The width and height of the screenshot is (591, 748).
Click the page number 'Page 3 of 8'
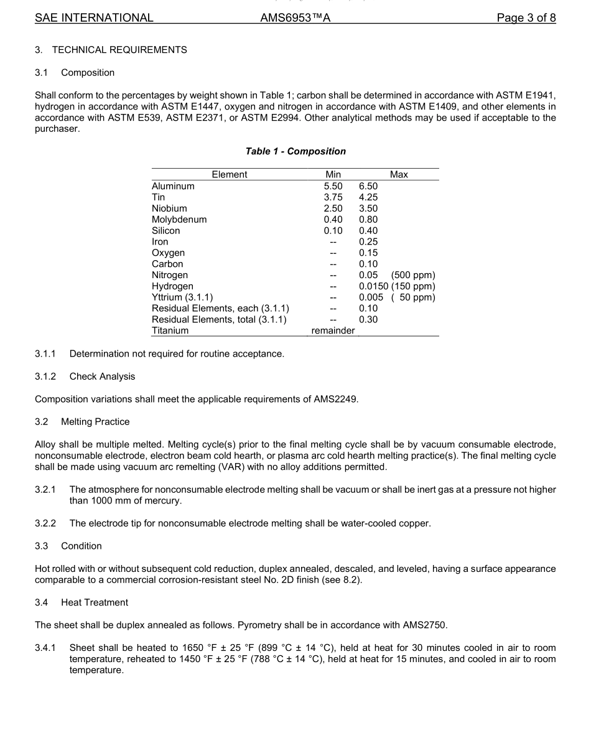(526, 18)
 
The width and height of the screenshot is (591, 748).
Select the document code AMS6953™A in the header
(295, 18)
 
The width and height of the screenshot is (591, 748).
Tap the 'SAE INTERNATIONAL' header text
(94, 18)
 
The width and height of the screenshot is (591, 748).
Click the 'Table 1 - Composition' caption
(295, 151)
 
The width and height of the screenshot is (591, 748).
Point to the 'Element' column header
(229, 175)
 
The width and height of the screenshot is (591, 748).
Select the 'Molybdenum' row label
(179, 220)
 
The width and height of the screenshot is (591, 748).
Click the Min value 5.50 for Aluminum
(333, 186)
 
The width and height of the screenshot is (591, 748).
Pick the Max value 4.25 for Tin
(368, 197)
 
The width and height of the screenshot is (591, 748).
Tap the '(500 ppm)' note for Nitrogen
(413, 275)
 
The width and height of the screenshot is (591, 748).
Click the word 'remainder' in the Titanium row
(333, 331)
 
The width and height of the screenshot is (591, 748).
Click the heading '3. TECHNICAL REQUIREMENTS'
(111, 50)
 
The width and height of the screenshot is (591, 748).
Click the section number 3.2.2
(45, 523)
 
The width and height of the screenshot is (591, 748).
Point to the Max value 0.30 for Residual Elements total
(368, 320)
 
